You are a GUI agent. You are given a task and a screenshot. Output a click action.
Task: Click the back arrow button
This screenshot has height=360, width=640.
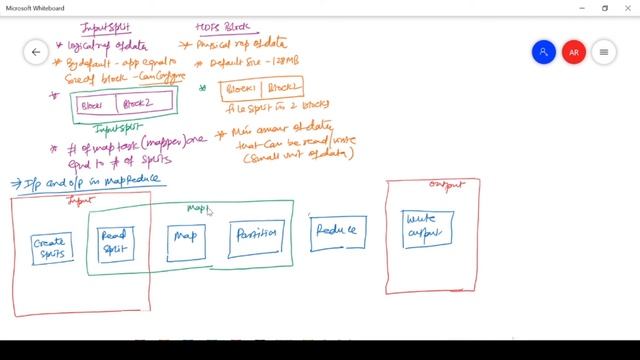point(36,52)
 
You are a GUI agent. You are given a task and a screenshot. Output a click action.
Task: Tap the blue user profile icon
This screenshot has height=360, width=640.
point(543,52)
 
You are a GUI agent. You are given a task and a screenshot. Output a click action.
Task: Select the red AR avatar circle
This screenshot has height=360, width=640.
point(573,52)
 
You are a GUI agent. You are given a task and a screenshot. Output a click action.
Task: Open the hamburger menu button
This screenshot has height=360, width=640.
point(603,52)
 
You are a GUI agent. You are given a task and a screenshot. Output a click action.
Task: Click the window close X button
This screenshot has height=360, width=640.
point(627,8)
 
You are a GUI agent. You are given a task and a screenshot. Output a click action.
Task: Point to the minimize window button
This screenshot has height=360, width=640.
point(579,8)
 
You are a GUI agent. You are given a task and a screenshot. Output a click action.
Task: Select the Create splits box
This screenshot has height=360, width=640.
point(49,246)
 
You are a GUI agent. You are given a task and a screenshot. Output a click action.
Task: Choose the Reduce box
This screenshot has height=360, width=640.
point(338,231)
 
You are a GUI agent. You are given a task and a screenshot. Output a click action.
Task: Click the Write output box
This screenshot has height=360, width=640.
point(425,228)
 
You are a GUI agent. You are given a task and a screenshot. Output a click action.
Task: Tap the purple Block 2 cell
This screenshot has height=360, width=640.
point(144,103)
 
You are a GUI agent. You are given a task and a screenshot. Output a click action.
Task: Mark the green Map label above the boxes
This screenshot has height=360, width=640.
point(197,208)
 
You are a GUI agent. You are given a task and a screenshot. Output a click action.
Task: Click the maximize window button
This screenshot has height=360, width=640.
point(603,8)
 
